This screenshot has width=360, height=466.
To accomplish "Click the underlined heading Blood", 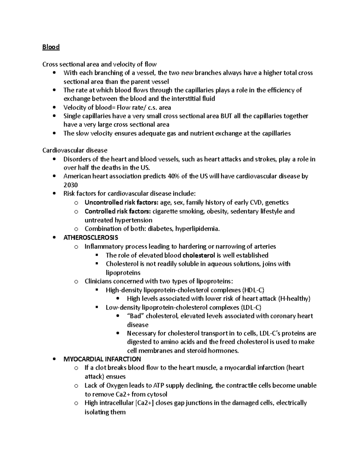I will click(51, 47).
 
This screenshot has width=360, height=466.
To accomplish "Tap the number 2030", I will click(70, 185).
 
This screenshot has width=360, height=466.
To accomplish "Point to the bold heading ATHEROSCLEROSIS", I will click(91, 238).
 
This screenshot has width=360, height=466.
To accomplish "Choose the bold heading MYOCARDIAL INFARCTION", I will click(102, 359).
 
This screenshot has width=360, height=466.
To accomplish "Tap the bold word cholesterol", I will click(199, 255).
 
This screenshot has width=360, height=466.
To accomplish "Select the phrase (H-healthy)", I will click(294, 299).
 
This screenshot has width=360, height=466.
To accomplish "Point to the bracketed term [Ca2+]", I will click(145, 403).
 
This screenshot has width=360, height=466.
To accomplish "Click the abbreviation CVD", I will click(254, 202).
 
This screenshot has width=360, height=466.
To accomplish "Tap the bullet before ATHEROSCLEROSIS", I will click(54, 238).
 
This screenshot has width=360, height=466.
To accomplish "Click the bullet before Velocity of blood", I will click(54, 107).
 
